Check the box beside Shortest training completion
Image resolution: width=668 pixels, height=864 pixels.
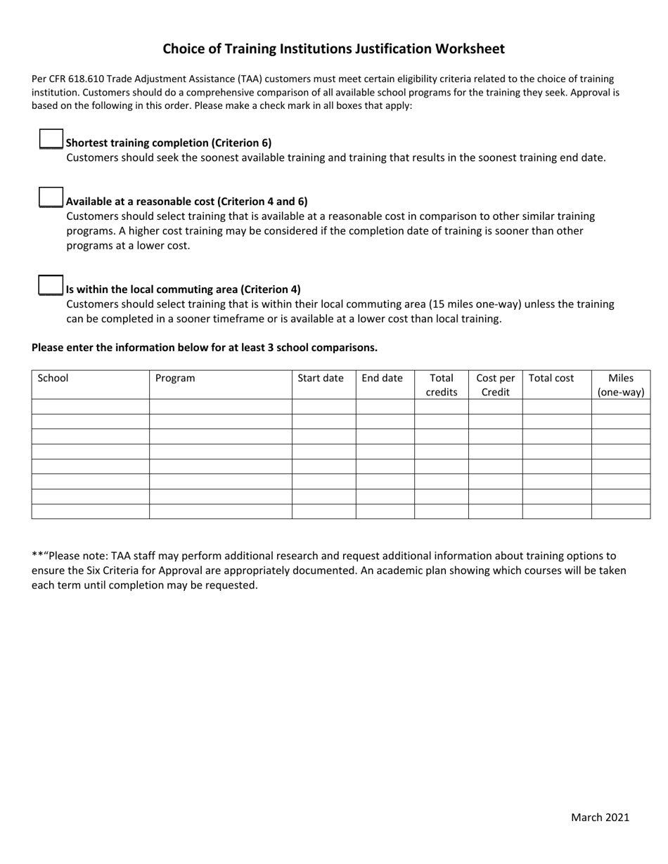[51, 139]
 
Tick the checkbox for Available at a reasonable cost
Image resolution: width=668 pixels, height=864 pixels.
[51, 197]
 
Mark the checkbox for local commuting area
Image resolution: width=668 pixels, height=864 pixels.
[51, 285]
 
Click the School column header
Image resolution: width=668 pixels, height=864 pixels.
[53, 378]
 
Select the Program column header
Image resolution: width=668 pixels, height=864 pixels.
[175, 378]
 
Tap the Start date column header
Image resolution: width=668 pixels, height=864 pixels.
[321, 378]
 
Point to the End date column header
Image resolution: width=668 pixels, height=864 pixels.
[382, 378]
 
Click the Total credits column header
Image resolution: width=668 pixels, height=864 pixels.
[442, 385]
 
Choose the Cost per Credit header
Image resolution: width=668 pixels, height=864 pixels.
[496, 385]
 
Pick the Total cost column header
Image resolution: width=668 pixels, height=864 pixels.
[551, 378]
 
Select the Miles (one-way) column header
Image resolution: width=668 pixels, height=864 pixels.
[621, 385]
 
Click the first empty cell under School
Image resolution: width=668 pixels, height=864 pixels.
[90, 407]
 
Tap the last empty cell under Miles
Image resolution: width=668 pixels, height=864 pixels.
[621, 511]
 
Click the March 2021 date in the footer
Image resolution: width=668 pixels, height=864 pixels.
[600, 817]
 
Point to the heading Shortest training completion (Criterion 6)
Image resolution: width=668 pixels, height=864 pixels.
[169, 143]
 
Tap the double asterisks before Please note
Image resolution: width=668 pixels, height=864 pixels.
[37, 556]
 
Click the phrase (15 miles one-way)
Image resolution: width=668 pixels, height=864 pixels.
[475, 304]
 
